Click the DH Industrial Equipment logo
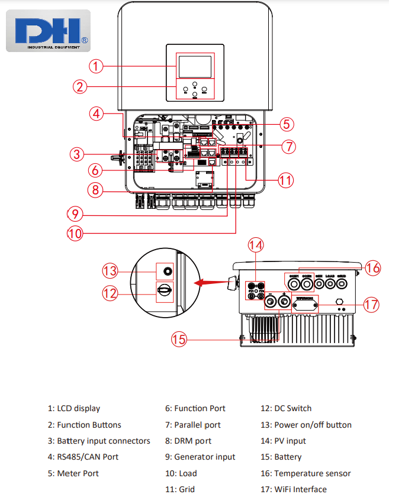click(49, 31)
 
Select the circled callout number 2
click(81, 86)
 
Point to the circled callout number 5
click(287, 124)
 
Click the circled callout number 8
click(95, 190)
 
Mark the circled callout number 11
click(286, 180)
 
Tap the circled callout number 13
click(110, 271)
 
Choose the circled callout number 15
click(179, 339)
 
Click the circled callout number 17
click(371, 305)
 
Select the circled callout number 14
click(255, 245)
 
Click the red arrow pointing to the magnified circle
click(213, 282)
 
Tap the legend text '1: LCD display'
click(74, 408)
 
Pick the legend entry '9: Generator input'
click(204, 457)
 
